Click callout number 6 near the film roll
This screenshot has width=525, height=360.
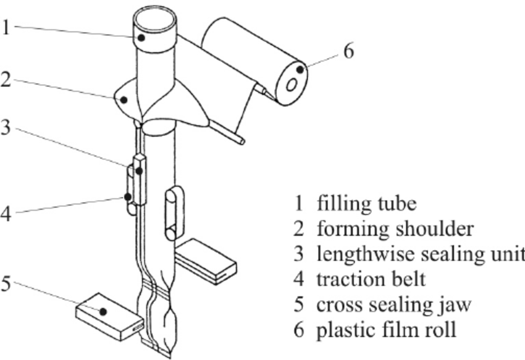pyautogui.click(x=348, y=51)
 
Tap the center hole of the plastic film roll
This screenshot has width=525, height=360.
pyautogui.click(x=290, y=85)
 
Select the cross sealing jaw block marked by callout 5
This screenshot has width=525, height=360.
pyautogui.click(x=109, y=315)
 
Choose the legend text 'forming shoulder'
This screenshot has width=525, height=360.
pyautogui.click(x=395, y=228)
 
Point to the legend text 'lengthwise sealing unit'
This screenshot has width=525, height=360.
pyautogui.click(x=421, y=254)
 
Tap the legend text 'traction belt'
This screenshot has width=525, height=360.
pyautogui.click(x=371, y=279)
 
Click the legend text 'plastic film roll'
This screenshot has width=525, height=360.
pyautogui.click(x=387, y=330)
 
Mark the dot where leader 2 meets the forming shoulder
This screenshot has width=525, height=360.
pyautogui.click(x=124, y=99)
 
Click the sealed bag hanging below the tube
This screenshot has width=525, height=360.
pyautogui.click(x=168, y=324)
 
